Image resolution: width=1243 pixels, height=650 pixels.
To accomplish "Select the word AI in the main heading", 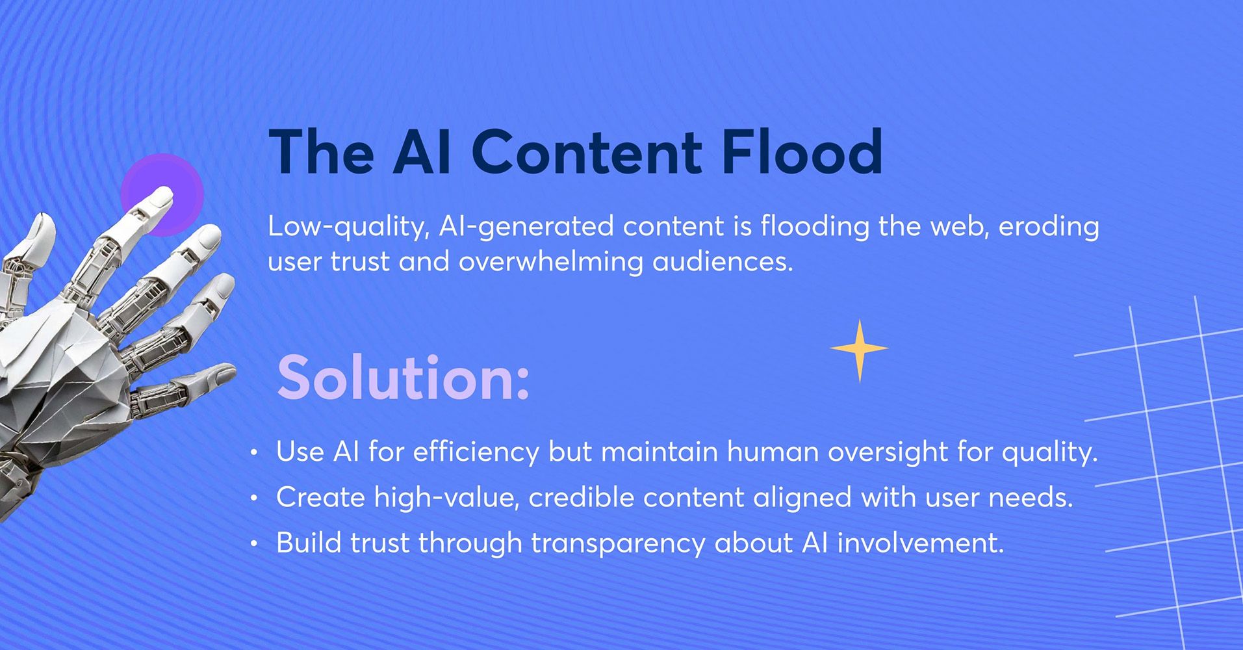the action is pos(422,152).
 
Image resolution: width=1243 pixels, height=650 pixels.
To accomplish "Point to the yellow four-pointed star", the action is pos(859,350).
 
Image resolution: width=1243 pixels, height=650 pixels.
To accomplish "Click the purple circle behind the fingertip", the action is pos(162,194).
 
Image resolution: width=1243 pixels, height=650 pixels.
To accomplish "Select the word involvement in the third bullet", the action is pos(920,543).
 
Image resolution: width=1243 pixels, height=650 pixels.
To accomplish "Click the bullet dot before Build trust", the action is pos(254,544).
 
